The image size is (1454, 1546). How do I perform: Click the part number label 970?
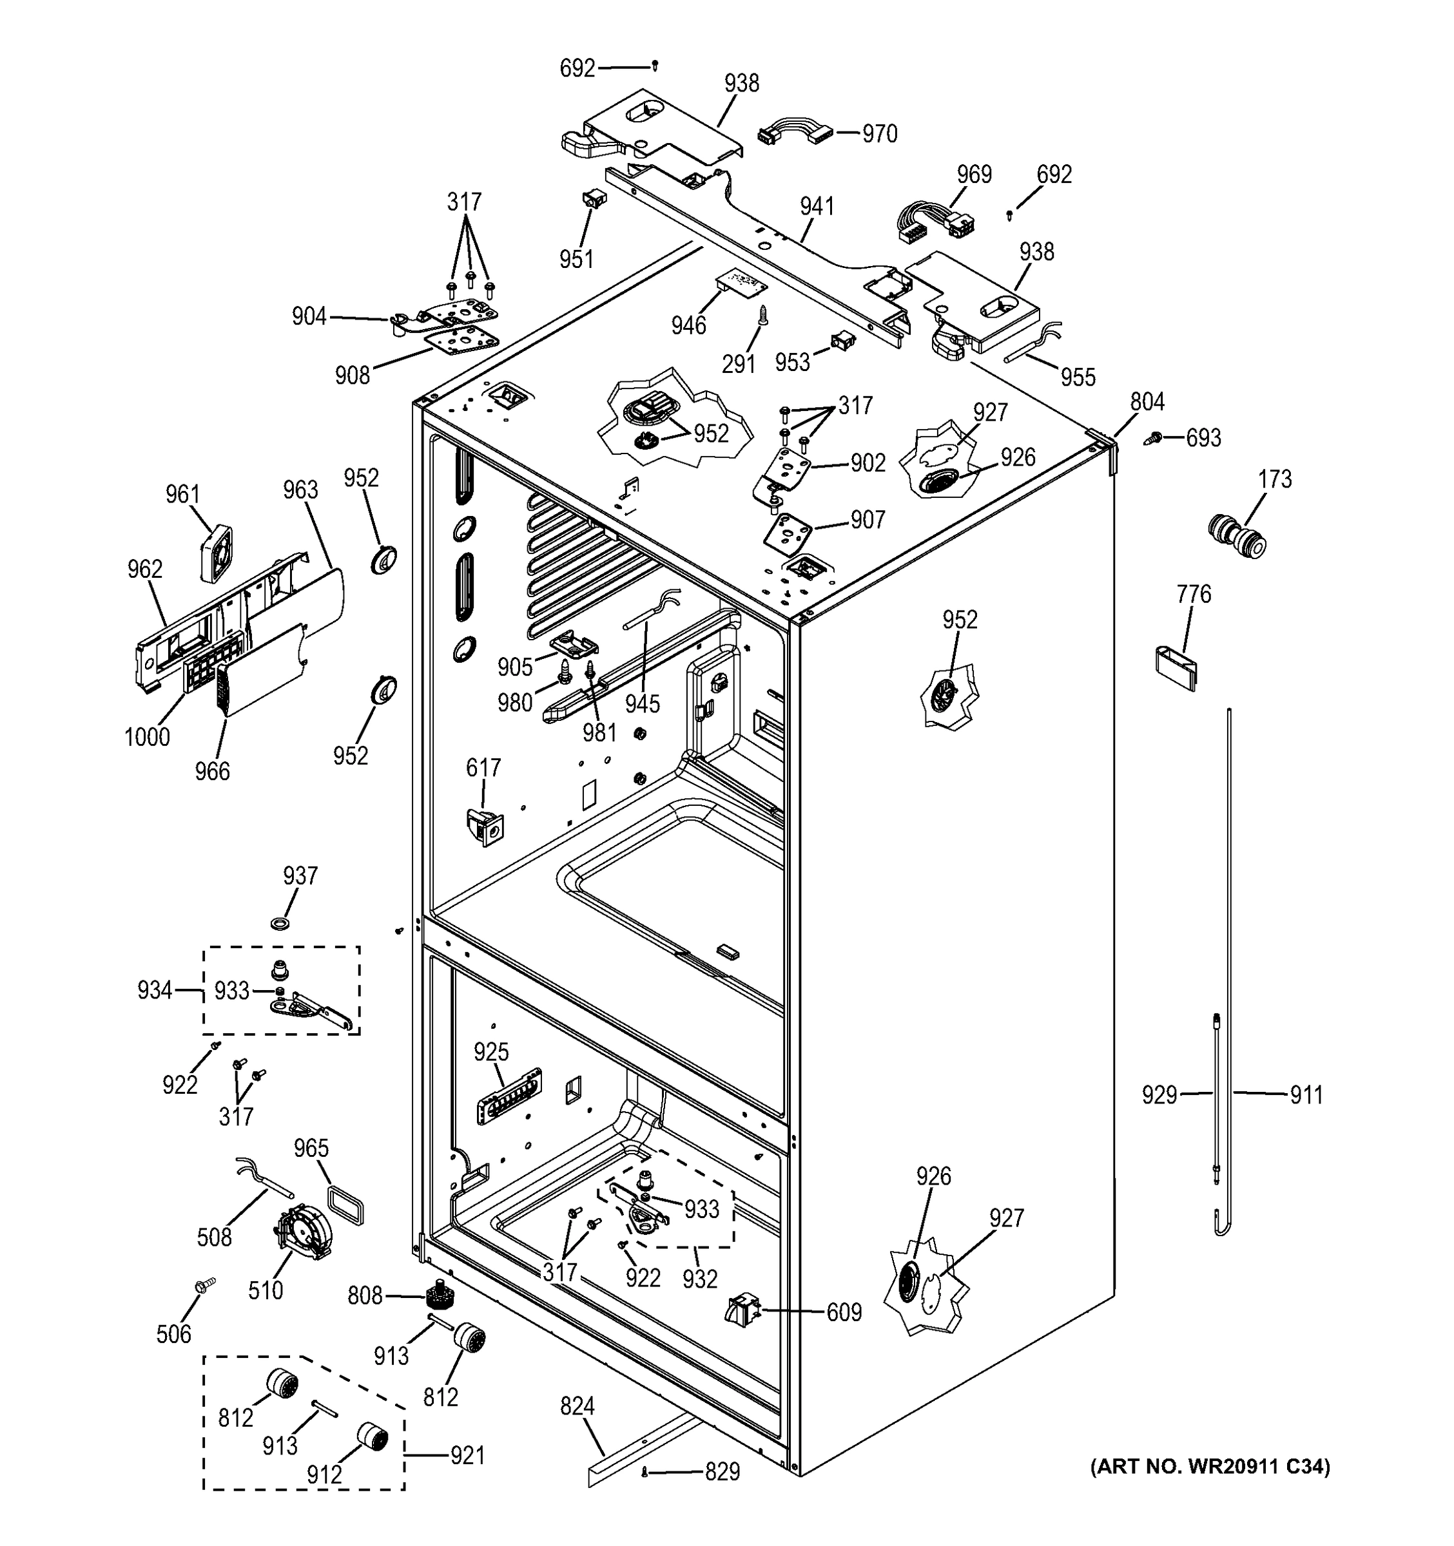(x=879, y=134)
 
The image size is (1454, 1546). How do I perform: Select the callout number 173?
(x=1274, y=479)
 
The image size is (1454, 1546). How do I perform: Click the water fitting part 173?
(x=1237, y=536)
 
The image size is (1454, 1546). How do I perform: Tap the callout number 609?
(x=844, y=1313)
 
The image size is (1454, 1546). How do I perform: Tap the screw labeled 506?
(x=204, y=1286)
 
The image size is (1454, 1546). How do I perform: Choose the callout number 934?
(x=154, y=990)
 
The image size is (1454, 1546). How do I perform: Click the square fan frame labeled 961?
(x=215, y=554)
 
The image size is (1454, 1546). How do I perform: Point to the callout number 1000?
(x=147, y=736)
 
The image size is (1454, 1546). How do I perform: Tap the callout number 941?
(x=817, y=206)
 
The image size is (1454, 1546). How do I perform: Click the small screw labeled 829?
(x=645, y=1472)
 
